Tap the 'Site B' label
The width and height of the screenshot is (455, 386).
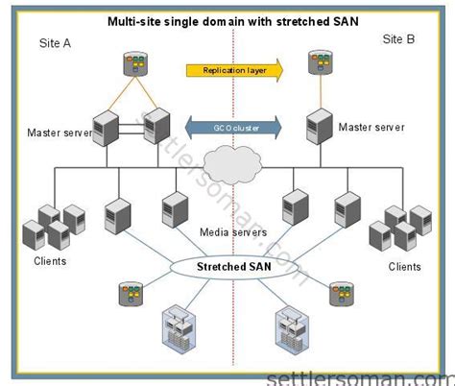pyautogui.click(x=397, y=39)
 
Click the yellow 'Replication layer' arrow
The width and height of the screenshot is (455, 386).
pyautogui.click(x=233, y=69)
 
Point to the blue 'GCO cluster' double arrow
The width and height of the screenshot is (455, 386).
pyautogui.click(x=233, y=126)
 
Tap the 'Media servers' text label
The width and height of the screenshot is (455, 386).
pyautogui.click(x=232, y=233)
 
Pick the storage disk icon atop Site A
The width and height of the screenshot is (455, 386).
pyautogui.click(x=132, y=65)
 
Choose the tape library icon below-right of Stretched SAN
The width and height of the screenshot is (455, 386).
pyautogui.click(x=289, y=328)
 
